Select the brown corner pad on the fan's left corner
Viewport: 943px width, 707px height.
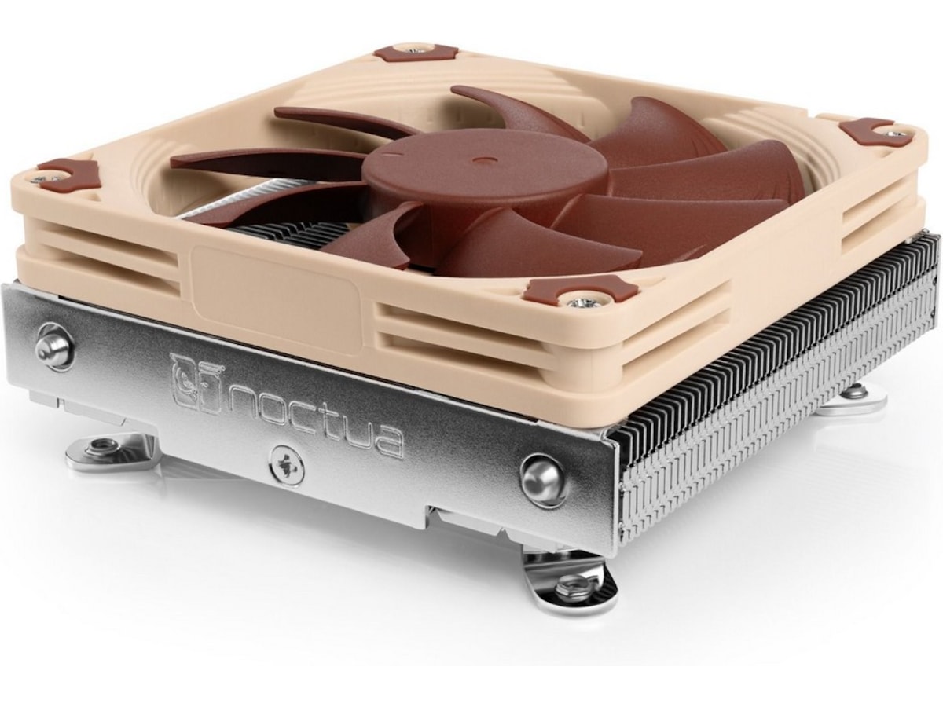(x=68, y=172)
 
